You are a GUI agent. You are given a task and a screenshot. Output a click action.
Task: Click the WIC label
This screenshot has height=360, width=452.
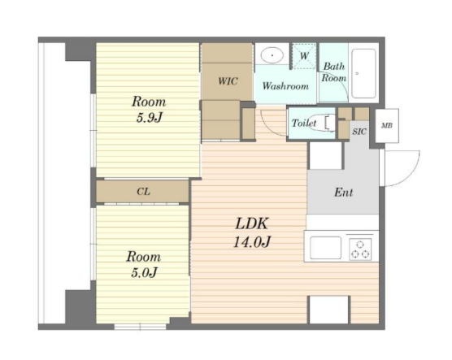pyautogui.click(x=228, y=81)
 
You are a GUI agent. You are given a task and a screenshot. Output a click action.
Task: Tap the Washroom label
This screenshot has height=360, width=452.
pyautogui.click(x=285, y=86)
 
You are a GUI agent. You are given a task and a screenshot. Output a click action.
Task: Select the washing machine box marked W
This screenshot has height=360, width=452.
pyautogui.click(x=304, y=56)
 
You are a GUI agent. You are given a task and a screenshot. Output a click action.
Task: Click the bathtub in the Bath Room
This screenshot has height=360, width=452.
pyautogui.click(x=364, y=74)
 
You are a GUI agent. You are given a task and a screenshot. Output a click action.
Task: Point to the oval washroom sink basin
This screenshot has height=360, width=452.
pyautogui.click(x=272, y=54)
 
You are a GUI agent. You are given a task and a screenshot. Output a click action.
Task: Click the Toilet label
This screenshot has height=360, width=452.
pyautogui.click(x=303, y=123)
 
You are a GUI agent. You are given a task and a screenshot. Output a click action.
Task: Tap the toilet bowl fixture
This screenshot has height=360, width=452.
pyautogui.click(x=330, y=123)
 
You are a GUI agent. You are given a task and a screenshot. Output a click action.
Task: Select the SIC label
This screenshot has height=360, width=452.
pyautogui.click(x=359, y=132)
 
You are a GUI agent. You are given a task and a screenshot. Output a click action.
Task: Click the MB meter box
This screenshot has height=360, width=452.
pyautogui.click(x=387, y=126)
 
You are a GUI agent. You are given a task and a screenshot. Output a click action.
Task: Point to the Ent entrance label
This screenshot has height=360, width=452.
pyautogui.click(x=343, y=193)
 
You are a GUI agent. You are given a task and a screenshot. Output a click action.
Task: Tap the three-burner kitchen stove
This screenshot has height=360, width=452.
pyautogui.click(x=360, y=249)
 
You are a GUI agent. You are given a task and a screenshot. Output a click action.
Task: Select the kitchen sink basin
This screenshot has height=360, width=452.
pyautogui.click(x=326, y=248)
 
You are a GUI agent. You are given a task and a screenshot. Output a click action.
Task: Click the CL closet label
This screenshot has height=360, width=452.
pyautogui.click(x=143, y=192)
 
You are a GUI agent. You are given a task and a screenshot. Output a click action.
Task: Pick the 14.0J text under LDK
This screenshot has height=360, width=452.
pyautogui.click(x=252, y=242)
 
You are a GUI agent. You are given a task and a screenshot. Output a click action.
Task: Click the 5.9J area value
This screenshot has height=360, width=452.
pyautogui.click(x=150, y=117)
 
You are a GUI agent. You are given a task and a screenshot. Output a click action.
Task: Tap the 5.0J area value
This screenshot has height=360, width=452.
pyautogui.click(x=144, y=272)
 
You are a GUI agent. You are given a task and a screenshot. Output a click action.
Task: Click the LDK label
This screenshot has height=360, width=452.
pyautogui.click(x=252, y=223)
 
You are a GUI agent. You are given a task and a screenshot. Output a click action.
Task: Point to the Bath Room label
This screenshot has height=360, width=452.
pyautogui.click(x=334, y=72)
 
